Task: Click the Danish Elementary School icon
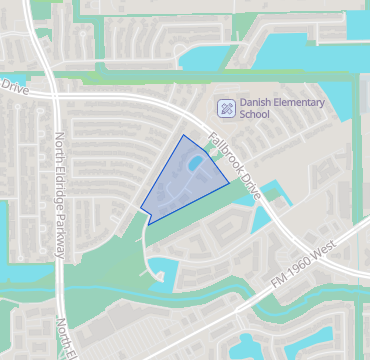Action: pyautogui.click(x=226, y=107)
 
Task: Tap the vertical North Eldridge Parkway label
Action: pyautogui.click(x=61, y=195)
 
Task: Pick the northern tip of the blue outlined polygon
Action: pyautogui.click(x=185, y=135)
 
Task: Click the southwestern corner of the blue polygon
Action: pyautogui.click(x=148, y=222)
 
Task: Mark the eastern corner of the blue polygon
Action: pyautogui.click(x=229, y=184)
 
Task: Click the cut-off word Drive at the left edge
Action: pyautogui.click(x=11, y=87)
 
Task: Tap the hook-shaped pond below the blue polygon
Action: pyautogui.click(x=160, y=268)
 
